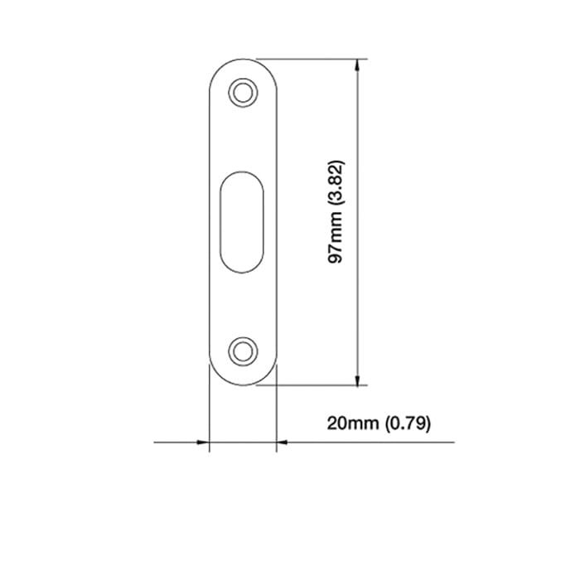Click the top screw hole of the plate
tap(242, 92)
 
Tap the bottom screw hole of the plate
tap(242, 350)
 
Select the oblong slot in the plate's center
tap(242, 221)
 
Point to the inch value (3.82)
tap(336, 182)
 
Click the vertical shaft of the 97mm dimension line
tap(357, 290)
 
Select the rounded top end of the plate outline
tap(242, 59)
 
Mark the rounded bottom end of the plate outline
tap(242, 384)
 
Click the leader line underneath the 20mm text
tap(373, 442)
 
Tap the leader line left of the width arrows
tap(174, 442)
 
